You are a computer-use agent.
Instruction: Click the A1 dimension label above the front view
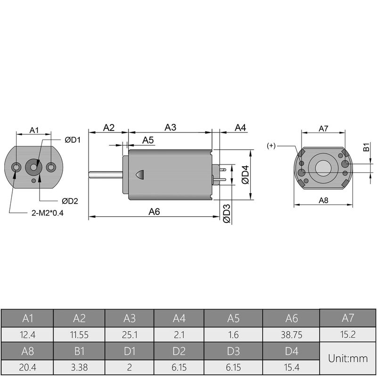pyautogui.click(x=34, y=130)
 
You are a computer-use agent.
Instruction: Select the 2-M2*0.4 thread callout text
pyautogui.click(x=47, y=213)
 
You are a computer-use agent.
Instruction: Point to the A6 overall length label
pyautogui.click(x=154, y=212)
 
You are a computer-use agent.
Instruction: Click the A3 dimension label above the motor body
pyautogui.click(x=170, y=127)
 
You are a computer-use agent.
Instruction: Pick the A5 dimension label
pyautogui.click(x=148, y=140)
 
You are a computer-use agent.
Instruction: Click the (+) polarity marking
pyautogui.click(x=271, y=146)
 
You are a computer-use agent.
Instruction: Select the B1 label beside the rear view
pyautogui.click(x=366, y=148)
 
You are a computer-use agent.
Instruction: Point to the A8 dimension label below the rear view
pyautogui.click(x=323, y=200)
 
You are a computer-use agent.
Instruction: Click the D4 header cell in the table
pyautogui.click(x=292, y=351)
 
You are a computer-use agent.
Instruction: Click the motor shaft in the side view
pyautogui.click(x=105, y=175)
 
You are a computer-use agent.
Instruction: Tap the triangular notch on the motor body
pyautogui.click(x=139, y=174)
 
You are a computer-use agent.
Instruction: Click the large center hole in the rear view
pyautogui.click(x=323, y=167)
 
